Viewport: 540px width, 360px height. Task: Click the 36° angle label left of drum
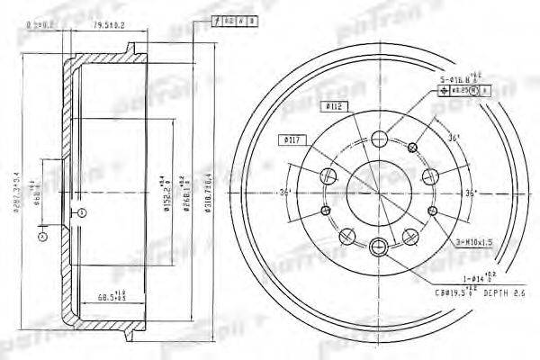pyautogui.click(x=285, y=193)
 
